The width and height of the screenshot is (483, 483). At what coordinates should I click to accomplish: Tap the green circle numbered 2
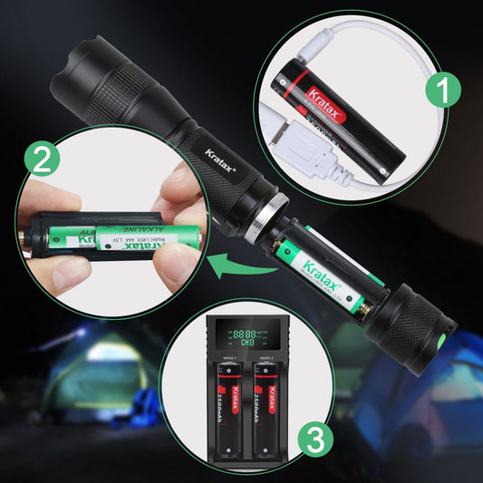click(x=40, y=160)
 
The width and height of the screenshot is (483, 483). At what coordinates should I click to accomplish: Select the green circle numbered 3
click(x=313, y=440)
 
